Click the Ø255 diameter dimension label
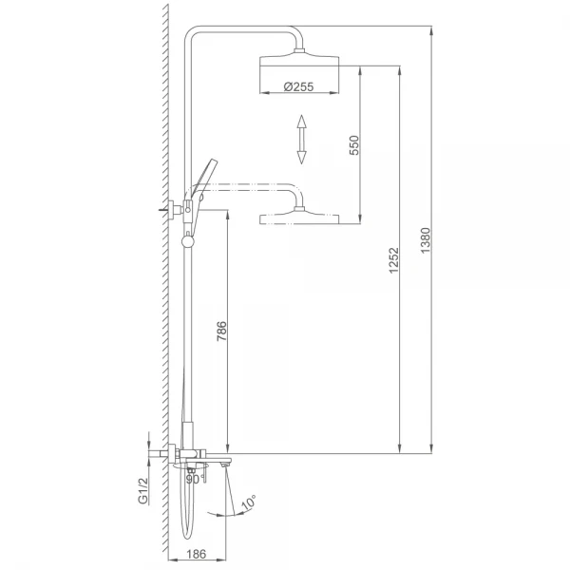click(298, 86)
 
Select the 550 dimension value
click(353, 145)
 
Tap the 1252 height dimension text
click(393, 260)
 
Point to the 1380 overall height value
click(425, 240)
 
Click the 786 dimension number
click(221, 331)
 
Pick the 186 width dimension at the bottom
click(197, 554)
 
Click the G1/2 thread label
click(143, 490)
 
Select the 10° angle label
click(249, 502)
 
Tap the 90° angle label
click(193, 480)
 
